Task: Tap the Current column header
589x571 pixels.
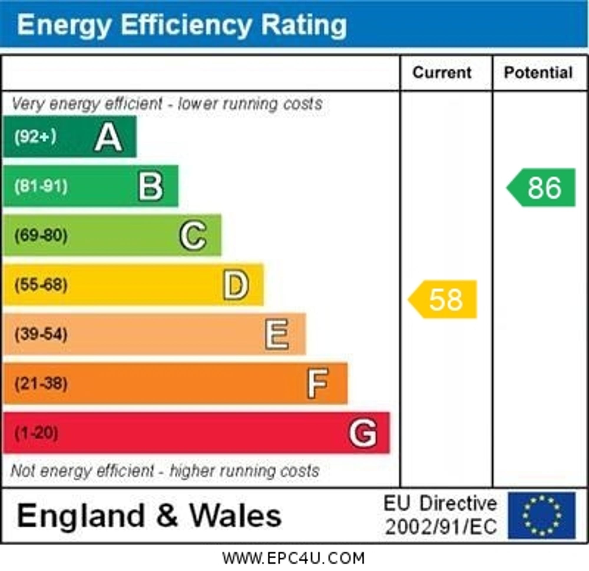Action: pos(442,73)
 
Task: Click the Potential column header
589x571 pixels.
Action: pos(538,73)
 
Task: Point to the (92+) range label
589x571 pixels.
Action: pos(35,137)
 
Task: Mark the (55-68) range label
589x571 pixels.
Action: pos(41,285)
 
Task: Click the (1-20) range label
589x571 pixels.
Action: pos(36,433)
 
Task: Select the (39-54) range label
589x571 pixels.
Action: pos(41,334)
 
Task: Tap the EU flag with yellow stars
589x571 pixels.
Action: pos(542,515)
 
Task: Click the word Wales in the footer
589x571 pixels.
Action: pos(236,515)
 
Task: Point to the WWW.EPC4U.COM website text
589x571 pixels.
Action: pos(293,558)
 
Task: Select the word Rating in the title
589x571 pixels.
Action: pos(304,25)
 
